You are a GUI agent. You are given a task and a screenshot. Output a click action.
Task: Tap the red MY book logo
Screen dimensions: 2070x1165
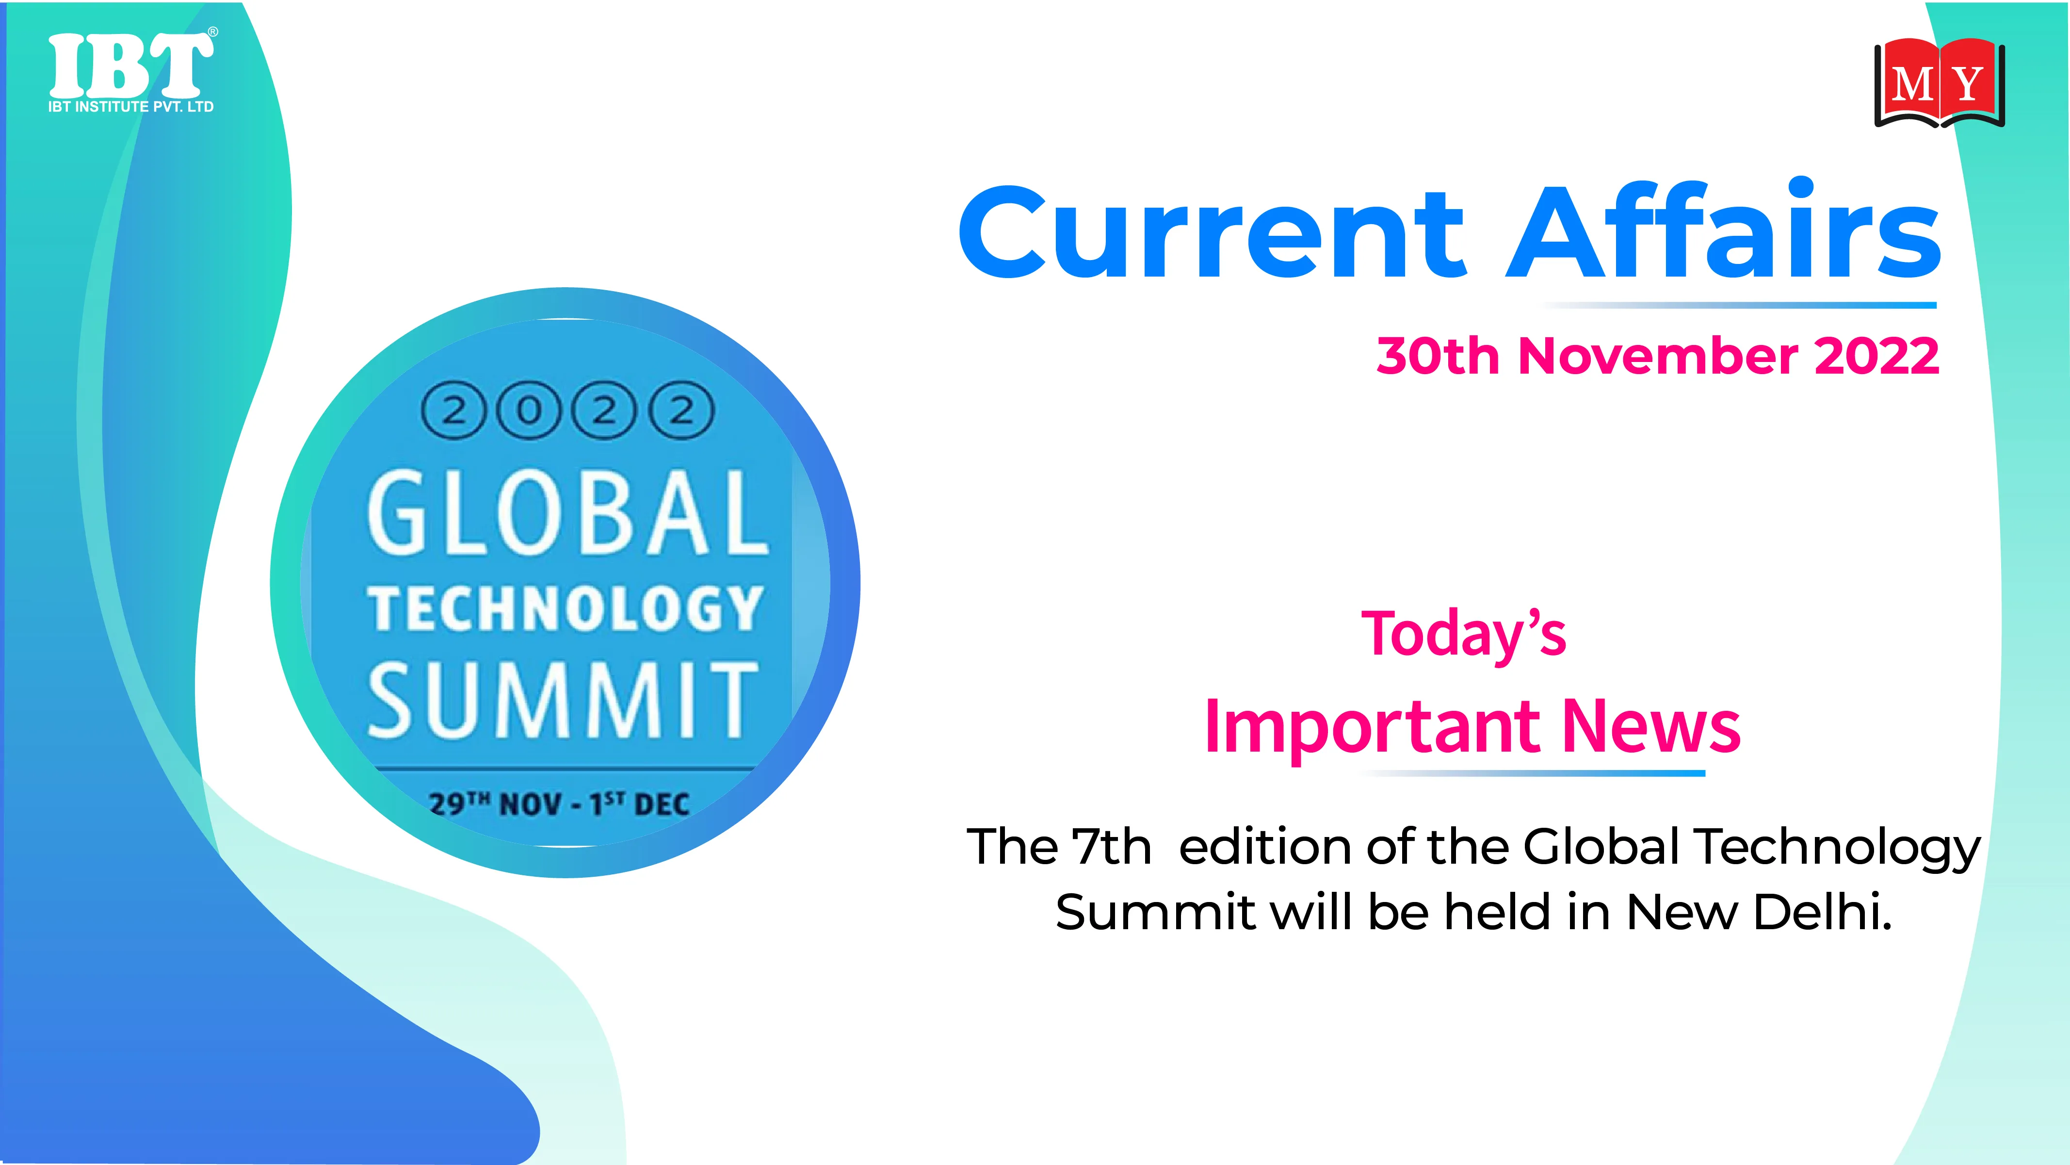(1939, 83)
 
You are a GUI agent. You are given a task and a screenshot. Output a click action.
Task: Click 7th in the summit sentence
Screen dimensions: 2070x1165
(1111, 847)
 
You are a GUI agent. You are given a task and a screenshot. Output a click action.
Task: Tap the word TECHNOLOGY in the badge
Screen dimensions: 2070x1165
(566, 609)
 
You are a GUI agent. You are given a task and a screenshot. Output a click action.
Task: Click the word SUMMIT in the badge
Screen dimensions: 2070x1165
(563, 700)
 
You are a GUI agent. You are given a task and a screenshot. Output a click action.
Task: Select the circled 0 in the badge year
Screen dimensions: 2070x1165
(528, 411)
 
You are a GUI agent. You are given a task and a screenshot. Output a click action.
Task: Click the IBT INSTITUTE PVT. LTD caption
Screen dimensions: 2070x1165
(131, 106)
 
